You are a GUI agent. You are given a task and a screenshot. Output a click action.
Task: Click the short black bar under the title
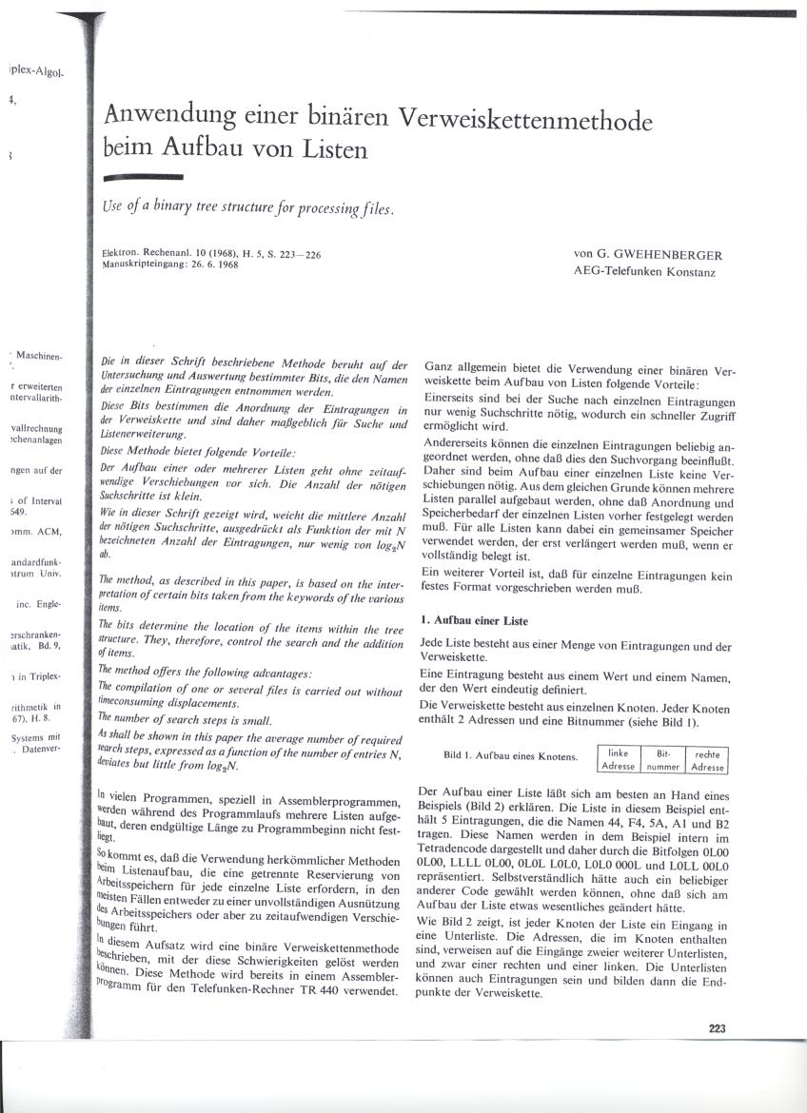(143, 178)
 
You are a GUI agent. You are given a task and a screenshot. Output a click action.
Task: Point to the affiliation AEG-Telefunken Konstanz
(644, 272)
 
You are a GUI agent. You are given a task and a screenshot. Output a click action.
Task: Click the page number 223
(718, 1026)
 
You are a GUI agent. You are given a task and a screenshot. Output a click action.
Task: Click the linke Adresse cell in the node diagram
(618, 759)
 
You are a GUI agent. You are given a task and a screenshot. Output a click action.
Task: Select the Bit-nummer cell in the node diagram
(663, 759)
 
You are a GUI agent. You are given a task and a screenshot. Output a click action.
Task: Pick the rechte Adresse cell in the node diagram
(707, 759)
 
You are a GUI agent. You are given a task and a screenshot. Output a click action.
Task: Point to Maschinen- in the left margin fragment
(39, 357)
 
